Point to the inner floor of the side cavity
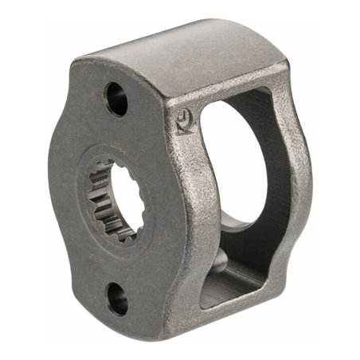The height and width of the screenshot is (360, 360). [x=239, y=283]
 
